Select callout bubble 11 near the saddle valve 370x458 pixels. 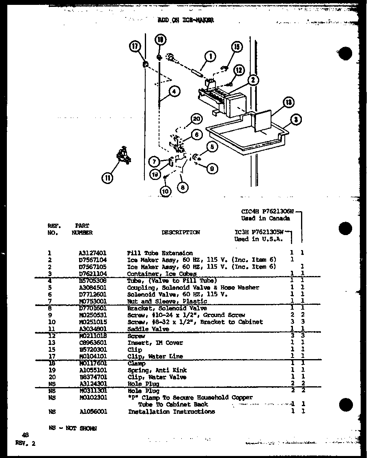[x=108, y=178]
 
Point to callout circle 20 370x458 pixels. [x=196, y=118]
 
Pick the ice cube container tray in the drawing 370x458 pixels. [x=247, y=136]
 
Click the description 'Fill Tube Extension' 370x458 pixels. [x=160, y=253]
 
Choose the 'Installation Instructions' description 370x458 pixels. [x=171, y=411]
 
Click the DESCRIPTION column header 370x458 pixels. [x=181, y=232]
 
